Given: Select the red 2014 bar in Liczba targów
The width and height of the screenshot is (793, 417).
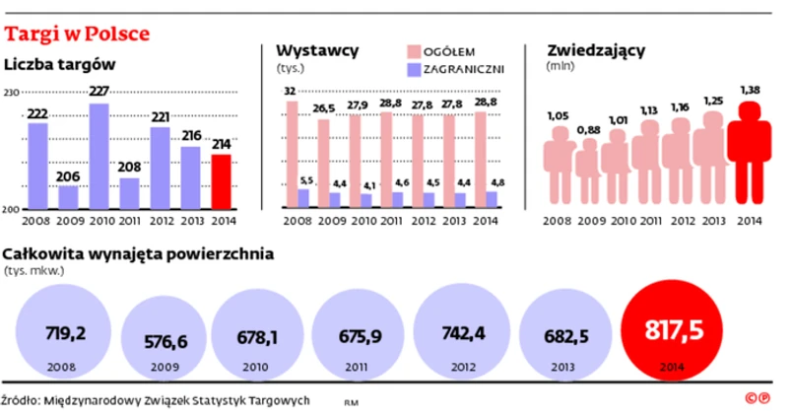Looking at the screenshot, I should (223, 181).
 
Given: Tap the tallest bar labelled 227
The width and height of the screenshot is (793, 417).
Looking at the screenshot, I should (99, 156).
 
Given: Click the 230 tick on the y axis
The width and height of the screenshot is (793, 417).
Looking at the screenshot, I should (12, 93).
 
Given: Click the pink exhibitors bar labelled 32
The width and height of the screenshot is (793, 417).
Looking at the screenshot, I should (291, 154).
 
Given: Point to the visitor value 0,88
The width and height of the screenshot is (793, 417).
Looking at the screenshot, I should (588, 129).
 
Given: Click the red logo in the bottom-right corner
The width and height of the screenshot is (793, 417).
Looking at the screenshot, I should (757, 398).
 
